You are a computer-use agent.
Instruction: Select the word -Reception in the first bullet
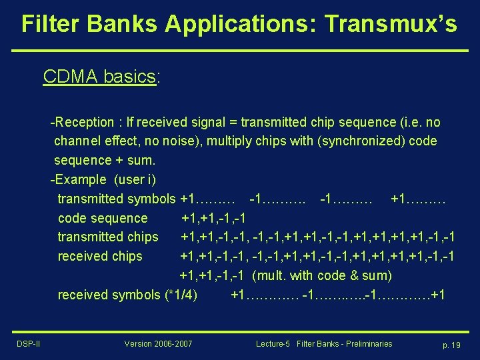82,122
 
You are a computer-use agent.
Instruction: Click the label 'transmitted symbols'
117,199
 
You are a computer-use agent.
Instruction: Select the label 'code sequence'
103,218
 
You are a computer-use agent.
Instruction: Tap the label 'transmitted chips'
108,237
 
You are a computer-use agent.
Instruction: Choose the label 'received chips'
100,256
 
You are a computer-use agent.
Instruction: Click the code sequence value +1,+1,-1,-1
213,218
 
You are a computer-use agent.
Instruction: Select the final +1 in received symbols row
439,295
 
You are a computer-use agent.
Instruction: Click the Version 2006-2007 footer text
158,343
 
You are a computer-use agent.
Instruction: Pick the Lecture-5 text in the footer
273,343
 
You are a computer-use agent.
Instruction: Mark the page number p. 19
451,344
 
